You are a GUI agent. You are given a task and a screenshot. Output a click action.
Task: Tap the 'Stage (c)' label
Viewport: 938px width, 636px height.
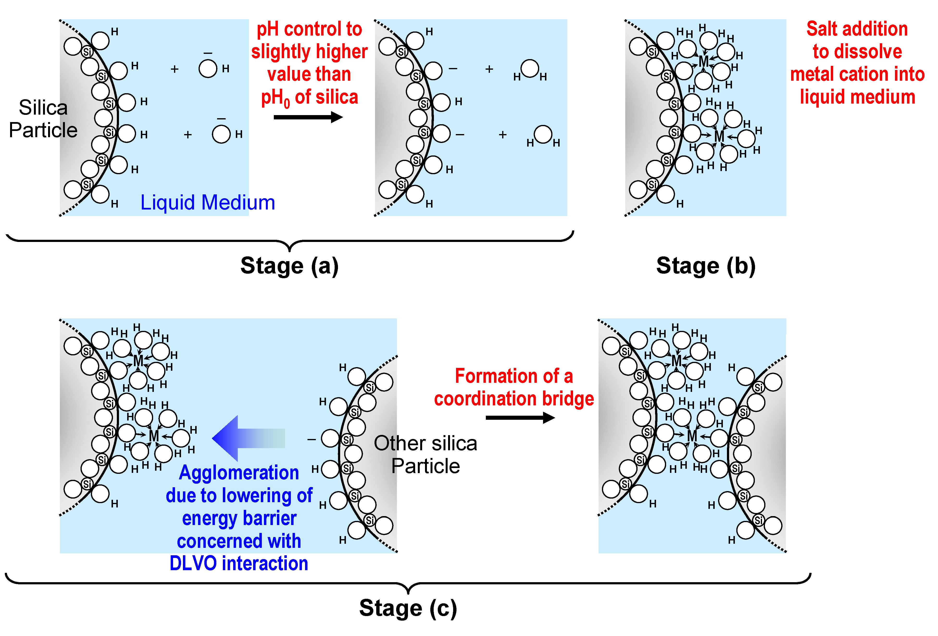point(408,608)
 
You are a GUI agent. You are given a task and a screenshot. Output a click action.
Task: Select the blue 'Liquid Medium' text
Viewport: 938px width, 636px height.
point(207,203)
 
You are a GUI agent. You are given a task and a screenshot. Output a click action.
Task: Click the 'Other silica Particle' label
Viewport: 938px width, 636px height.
point(425,455)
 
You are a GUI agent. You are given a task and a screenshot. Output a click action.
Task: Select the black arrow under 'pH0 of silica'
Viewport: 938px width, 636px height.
point(308,117)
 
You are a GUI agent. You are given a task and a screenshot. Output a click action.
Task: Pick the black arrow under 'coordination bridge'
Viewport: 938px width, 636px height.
point(520,418)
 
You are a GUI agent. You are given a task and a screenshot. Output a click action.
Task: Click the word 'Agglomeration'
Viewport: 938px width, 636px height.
point(239,473)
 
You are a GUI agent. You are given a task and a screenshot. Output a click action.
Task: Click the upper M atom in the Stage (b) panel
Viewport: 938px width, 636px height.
point(703,62)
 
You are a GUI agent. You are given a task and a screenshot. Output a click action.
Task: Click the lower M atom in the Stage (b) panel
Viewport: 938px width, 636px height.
point(719,136)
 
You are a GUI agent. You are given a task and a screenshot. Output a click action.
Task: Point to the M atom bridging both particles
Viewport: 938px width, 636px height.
point(692,436)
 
